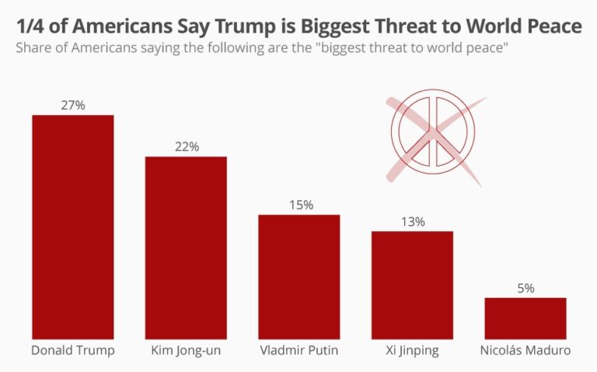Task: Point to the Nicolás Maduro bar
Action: pyautogui.click(x=525, y=318)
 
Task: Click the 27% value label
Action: pyautogui.click(x=72, y=105)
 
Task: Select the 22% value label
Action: pyautogui.click(x=186, y=146)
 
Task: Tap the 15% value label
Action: pyautogui.click(x=299, y=205)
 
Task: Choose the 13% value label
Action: pyautogui.click(x=412, y=222)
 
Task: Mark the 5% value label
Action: pyautogui.click(x=525, y=288)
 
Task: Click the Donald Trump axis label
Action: pyautogui.click(x=72, y=350)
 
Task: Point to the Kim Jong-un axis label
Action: pyautogui.click(x=186, y=350)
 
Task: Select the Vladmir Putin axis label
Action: pyautogui.click(x=299, y=350)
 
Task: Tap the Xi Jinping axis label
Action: pyautogui.click(x=412, y=350)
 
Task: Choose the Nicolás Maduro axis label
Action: pyautogui.click(x=525, y=350)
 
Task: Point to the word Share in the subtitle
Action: pyautogui.click(x=32, y=48)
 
